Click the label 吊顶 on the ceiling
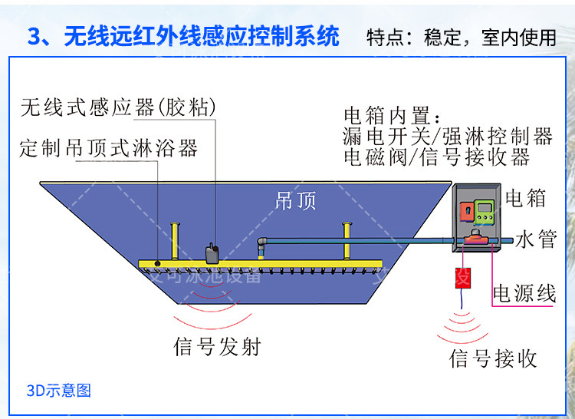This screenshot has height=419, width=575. [x=295, y=201]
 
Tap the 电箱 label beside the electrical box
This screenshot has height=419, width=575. [x=526, y=199]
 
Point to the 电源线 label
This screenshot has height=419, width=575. [x=524, y=294]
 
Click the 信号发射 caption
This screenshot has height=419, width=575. [x=218, y=347]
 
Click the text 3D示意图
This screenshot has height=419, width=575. [x=58, y=391]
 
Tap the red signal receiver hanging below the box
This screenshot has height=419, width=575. [x=462, y=278]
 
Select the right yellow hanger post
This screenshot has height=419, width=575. [x=347, y=240]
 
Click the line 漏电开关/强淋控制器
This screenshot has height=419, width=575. [x=448, y=137]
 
